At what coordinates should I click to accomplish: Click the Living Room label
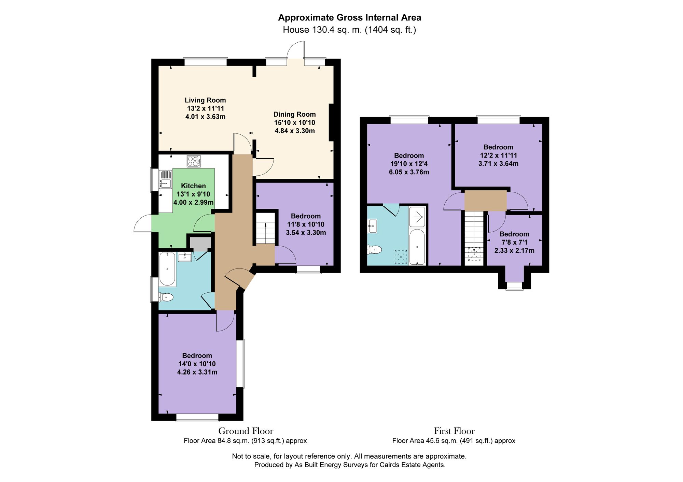[205, 100]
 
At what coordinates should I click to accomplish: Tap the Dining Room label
[294, 115]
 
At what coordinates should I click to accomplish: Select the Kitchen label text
[193, 186]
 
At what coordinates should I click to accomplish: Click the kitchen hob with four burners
[194, 161]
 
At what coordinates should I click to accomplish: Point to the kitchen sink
[165, 179]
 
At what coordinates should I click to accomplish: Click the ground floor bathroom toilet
[166, 297]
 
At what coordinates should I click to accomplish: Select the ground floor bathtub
[167, 269]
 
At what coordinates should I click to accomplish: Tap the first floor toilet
[375, 250]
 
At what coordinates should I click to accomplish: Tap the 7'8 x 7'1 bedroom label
[514, 234]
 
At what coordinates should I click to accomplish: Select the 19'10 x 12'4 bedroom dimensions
[409, 164]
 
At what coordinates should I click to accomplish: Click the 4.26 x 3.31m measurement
[197, 372]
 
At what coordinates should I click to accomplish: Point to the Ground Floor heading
[246, 431]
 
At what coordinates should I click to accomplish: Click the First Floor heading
[454, 431]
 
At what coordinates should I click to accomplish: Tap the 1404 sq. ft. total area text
[390, 30]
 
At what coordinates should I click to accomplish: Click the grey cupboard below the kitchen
[200, 244]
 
